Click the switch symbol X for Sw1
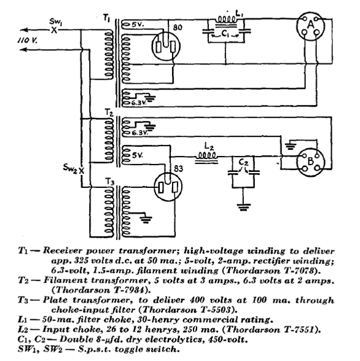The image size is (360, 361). (54, 30)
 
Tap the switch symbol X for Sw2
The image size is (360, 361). (82, 171)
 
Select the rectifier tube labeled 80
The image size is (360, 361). (166, 46)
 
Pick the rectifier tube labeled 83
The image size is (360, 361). (168, 187)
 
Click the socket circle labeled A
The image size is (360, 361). (311, 26)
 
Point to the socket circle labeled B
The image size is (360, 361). (311, 163)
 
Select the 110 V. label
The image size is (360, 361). (28, 41)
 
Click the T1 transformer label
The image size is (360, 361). (106, 18)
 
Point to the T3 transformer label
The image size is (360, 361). (109, 182)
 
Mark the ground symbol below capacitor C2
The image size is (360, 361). (244, 208)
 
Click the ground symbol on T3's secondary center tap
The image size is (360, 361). (146, 220)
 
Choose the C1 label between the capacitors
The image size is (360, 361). (225, 34)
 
